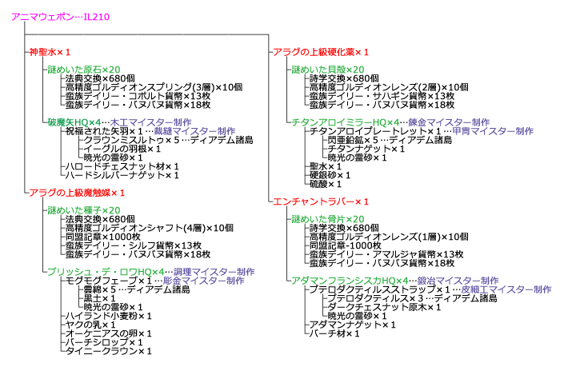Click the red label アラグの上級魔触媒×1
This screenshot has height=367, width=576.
[x=77, y=193]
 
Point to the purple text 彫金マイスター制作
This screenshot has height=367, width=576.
[x=203, y=281]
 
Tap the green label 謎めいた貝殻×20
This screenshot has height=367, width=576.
[x=327, y=70]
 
